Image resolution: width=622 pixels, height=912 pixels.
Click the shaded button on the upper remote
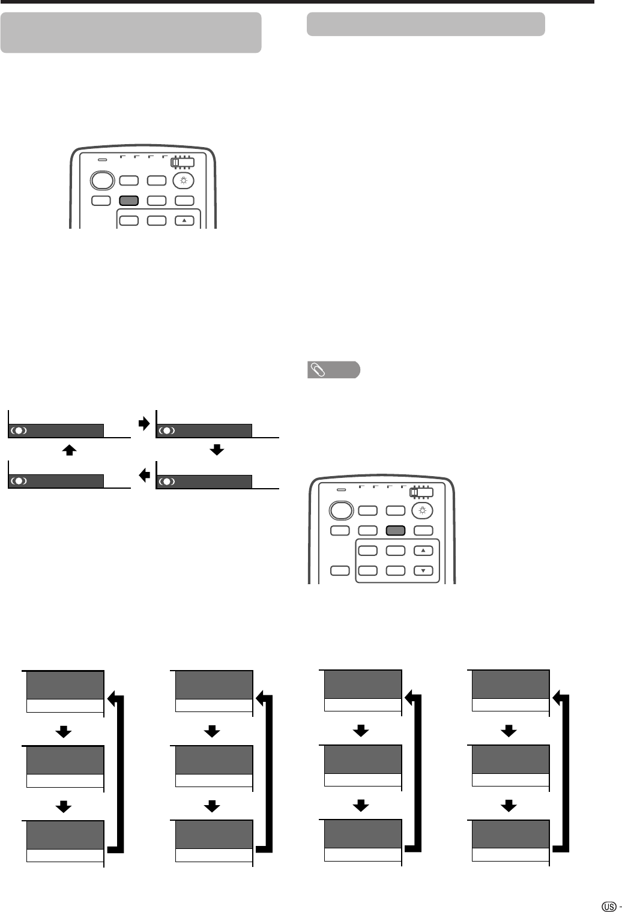pos(130,201)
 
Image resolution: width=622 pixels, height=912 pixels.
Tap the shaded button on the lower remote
pos(396,530)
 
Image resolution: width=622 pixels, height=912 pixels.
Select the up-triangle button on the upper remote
pos(184,220)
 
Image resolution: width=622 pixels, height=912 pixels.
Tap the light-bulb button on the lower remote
pos(423,510)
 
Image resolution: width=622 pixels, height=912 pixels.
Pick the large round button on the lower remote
pos(340,510)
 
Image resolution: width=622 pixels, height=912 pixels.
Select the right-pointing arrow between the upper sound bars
pos(143,424)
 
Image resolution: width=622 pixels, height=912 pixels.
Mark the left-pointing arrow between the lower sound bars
pos(143,476)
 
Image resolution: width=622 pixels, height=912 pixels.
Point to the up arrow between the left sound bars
pos(70,450)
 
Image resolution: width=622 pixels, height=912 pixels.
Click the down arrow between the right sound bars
pos(217,450)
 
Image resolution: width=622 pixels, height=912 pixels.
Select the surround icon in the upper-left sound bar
pos(19,430)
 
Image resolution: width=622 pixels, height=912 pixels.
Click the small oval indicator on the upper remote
pos(103,160)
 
